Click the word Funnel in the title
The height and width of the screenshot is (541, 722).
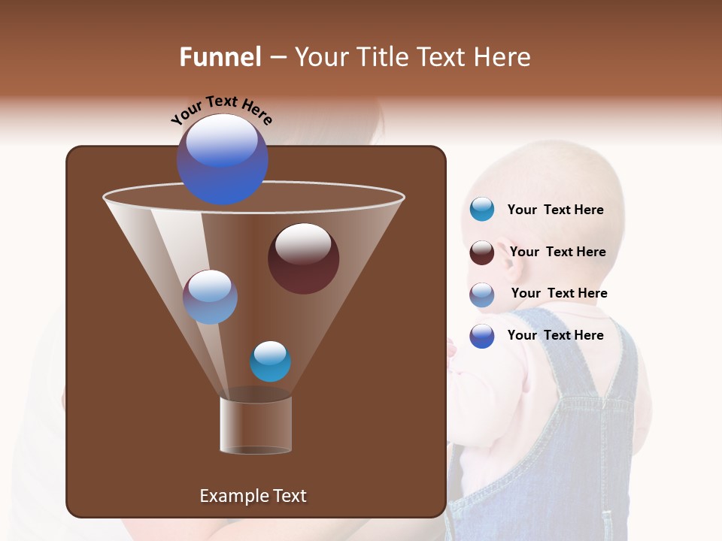(x=220, y=57)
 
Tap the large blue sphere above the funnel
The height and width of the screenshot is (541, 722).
(x=223, y=159)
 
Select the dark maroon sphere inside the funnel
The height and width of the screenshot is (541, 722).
(x=303, y=258)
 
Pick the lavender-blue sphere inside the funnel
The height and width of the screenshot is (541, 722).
(x=210, y=297)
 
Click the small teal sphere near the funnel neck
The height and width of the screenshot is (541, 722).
(x=270, y=361)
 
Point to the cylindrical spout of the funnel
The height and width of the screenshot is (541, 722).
(x=256, y=425)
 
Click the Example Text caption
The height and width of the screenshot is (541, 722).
(x=253, y=496)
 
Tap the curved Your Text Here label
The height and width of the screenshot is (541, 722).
(x=221, y=110)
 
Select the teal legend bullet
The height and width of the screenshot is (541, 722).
(x=481, y=210)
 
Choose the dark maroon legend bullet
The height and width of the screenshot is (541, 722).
(x=481, y=252)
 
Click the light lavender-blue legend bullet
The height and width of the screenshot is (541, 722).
(x=481, y=295)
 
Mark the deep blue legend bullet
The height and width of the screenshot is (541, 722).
(x=481, y=336)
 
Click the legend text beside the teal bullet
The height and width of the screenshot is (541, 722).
(x=555, y=210)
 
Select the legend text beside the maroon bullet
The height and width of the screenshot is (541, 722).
(x=557, y=252)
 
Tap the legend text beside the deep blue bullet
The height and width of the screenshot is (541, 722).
(x=555, y=335)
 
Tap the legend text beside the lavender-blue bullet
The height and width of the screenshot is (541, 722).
(x=559, y=293)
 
